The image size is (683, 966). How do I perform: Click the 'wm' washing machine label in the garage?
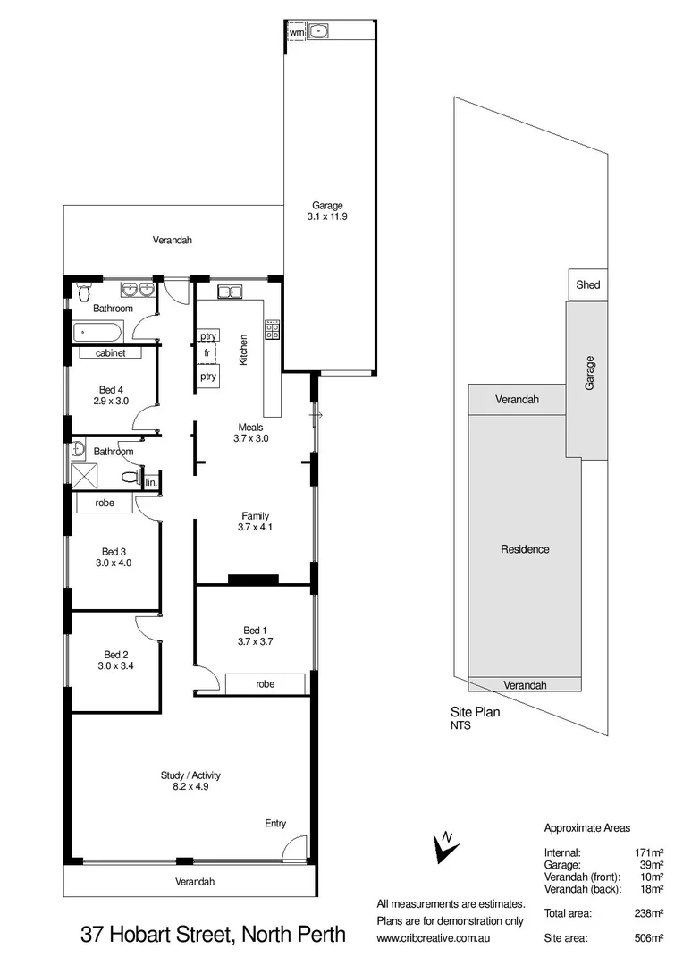296,33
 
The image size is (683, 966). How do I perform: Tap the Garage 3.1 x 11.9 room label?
327,210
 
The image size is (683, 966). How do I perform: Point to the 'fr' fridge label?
207,354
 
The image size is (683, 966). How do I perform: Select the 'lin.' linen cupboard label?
152,483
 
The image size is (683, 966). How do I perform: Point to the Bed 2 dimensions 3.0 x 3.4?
116,665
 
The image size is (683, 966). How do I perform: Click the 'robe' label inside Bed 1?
266,684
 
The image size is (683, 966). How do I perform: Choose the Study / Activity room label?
190,775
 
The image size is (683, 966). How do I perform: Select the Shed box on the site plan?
588,285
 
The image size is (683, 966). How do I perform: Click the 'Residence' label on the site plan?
525,549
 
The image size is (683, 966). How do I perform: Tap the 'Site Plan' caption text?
475,713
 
